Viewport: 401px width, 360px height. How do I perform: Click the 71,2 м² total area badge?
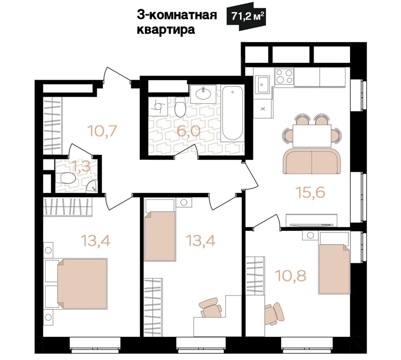point(246,16)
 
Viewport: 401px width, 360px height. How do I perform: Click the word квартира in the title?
point(166,30)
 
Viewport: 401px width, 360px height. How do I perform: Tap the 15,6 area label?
point(311,192)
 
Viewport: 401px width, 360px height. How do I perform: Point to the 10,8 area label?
point(291,276)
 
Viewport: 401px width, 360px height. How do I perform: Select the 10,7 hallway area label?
point(102,131)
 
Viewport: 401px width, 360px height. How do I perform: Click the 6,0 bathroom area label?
point(188,132)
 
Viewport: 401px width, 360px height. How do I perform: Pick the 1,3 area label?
point(82,167)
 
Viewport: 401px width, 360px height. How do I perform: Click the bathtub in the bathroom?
point(232,113)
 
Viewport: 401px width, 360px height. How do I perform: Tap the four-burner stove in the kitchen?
point(284,77)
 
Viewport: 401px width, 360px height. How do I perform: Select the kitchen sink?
point(263,84)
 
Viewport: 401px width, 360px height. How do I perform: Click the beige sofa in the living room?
point(312,162)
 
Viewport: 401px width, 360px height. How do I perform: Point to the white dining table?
point(312,136)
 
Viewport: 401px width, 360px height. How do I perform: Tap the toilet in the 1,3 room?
point(67,178)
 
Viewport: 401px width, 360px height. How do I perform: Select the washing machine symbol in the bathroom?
point(158,106)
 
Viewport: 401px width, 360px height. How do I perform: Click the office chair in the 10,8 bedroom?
point(274,314)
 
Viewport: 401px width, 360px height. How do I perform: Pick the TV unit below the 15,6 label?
point(312,220)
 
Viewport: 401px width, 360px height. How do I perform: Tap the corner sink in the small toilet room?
point(92,186)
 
